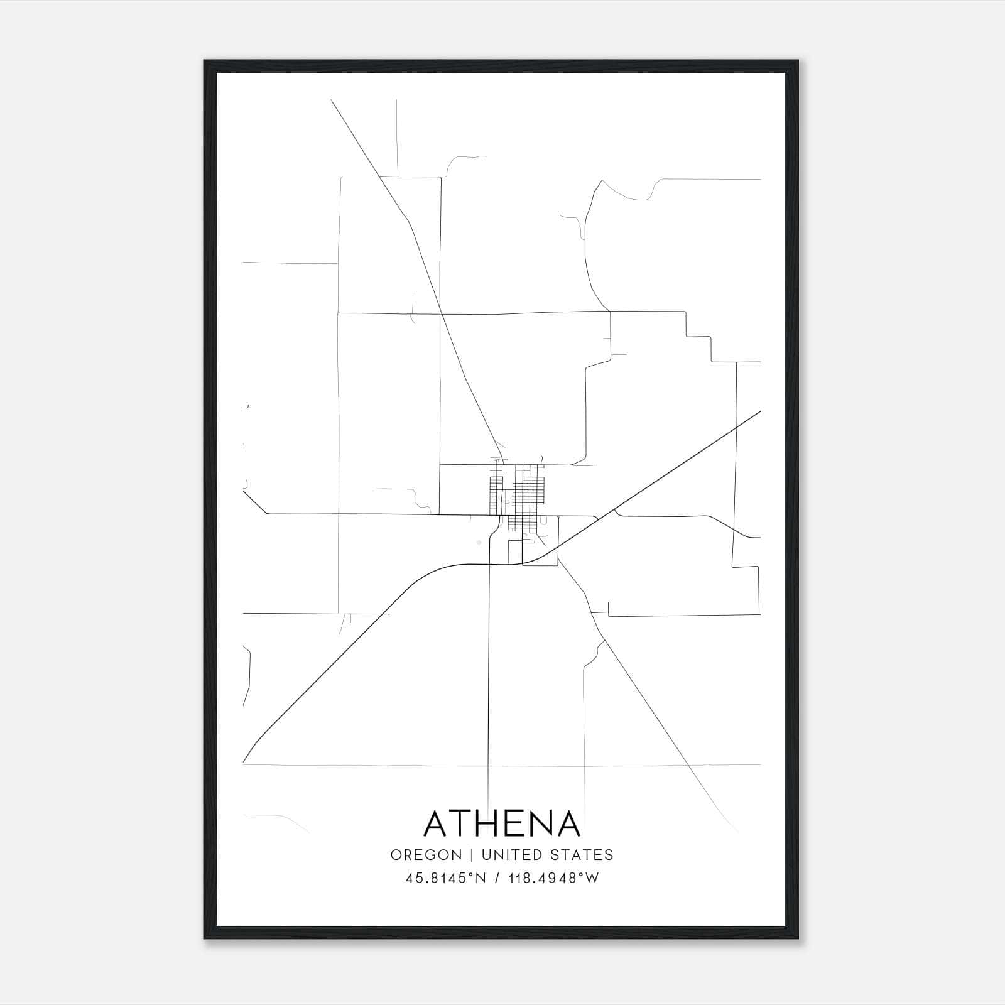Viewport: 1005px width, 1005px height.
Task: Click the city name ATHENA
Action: coord(502,823)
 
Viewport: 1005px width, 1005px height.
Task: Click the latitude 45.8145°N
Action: coord(446,878)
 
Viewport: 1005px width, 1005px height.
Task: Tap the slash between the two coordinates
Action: coord(497,878)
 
